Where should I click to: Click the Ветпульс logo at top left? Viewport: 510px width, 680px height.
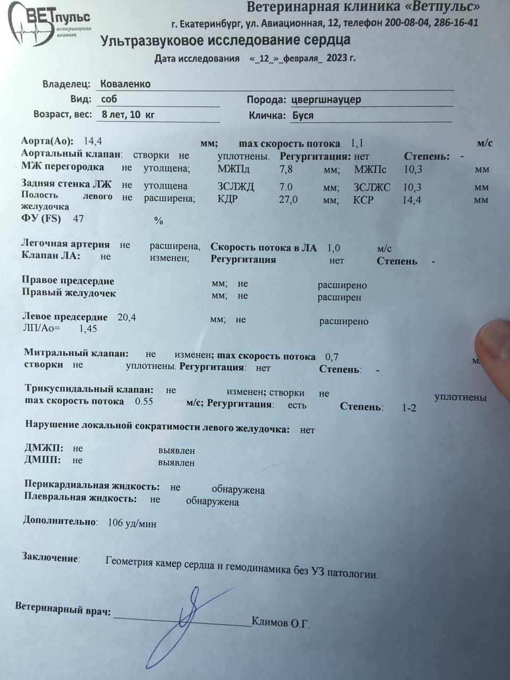click(x=50, y=20)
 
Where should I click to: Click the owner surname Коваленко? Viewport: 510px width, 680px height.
click(x=125, y=84)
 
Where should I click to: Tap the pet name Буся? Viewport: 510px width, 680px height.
click(x=302, y=115)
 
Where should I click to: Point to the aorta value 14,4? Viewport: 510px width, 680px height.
click(x=93, y=141)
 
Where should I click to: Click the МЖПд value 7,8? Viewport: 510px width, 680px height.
click(x=286, y=170)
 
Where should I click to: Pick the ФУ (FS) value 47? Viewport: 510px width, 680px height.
click(x=78, y=218)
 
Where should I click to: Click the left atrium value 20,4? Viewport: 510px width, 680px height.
click(x=126, y=317)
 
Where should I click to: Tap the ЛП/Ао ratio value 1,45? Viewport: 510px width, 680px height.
click(x=88, y=329)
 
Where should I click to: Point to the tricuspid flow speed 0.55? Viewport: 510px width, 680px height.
click(x=144, y=402)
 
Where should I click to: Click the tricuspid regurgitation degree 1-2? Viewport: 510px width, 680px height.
click(x=409, y=408)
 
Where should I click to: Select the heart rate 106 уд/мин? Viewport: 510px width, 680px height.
click(x=132, y=523)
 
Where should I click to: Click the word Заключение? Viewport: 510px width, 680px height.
click(x=50, y=557)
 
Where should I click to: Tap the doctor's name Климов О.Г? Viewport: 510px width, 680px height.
click(x=280, y=622)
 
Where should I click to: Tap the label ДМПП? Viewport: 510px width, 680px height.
click(x=42, y=460)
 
